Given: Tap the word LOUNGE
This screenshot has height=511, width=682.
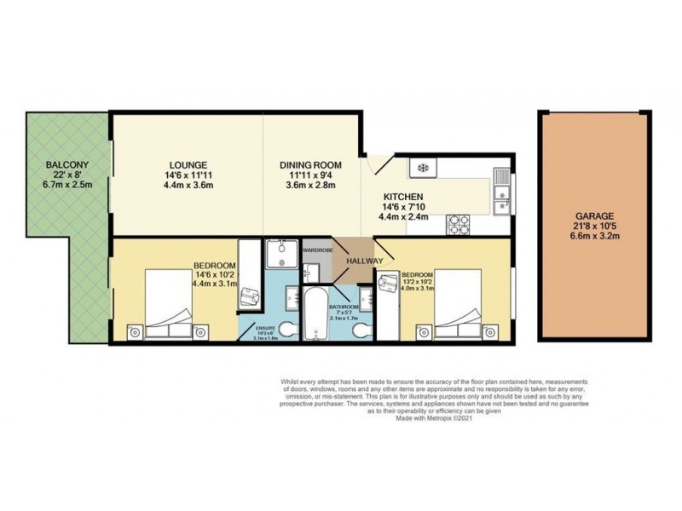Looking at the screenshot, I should (x=188, y=164).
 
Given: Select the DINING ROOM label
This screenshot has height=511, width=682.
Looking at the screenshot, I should (x=310, y=164).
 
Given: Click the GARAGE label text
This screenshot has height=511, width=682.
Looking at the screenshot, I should (x=591, y=216).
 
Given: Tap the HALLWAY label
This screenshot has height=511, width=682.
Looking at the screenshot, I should (x=364, y=260).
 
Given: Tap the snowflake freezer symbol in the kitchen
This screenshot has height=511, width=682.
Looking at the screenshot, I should (x=421, y=167).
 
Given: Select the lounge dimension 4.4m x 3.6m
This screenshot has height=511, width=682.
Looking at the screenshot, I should (x=188, y=186).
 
